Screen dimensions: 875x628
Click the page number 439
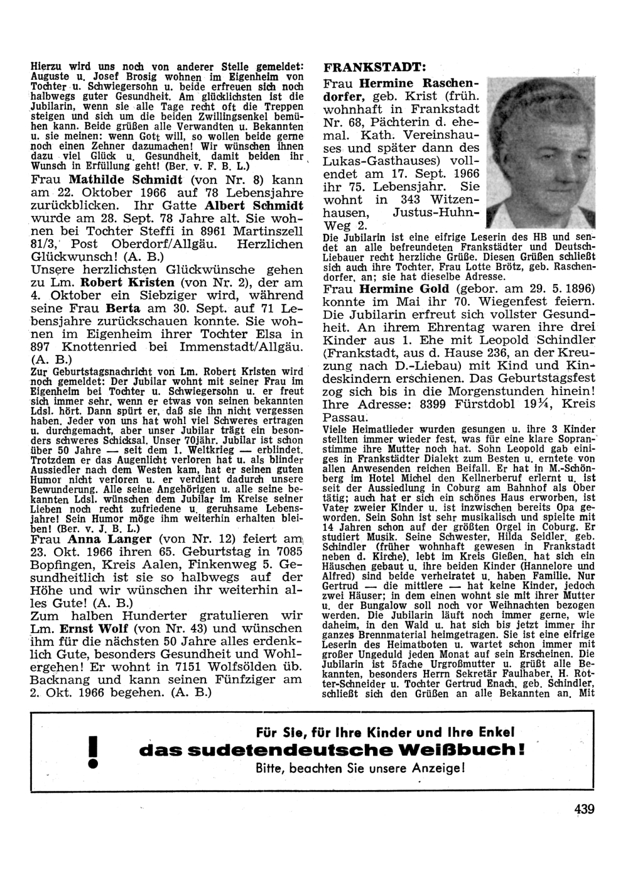pyautogui.click(x=583, y=810)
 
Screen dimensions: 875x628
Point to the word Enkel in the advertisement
pyautogui.click(x=495, y=732)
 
